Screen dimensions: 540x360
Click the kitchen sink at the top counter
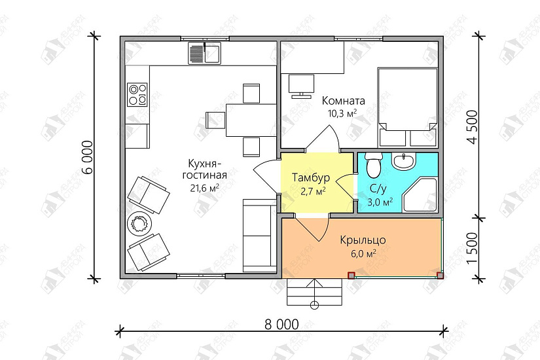click(x=205, y=53)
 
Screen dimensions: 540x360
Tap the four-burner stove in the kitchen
click(x=137, y=94)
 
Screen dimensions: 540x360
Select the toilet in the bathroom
click(x=373, y=164)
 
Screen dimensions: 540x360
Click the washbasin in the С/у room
click(x=404, y=161)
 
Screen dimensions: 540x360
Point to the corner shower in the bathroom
click(x=420, y=194)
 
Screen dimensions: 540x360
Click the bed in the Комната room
click(x=408, y=107)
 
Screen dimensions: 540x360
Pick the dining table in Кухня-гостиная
click(x=251, y=120)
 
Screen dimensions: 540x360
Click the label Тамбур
click(x=311, y=178)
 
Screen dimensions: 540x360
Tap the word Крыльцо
click(x=363, y=240)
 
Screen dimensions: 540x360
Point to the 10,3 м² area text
click(x=342, y=113)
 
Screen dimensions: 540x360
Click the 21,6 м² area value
click(x=205, y=188)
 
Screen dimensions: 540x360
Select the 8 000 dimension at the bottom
click(x=281, y=324)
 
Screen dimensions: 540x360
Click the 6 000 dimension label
click(x=88, y=157)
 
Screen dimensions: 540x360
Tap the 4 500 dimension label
click(x=473, y=127)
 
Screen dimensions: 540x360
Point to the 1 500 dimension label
click(x=473, y=248)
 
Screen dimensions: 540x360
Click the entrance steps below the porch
click(x=315, y=292)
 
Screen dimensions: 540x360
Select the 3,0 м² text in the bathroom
click(x=380, y=202)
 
